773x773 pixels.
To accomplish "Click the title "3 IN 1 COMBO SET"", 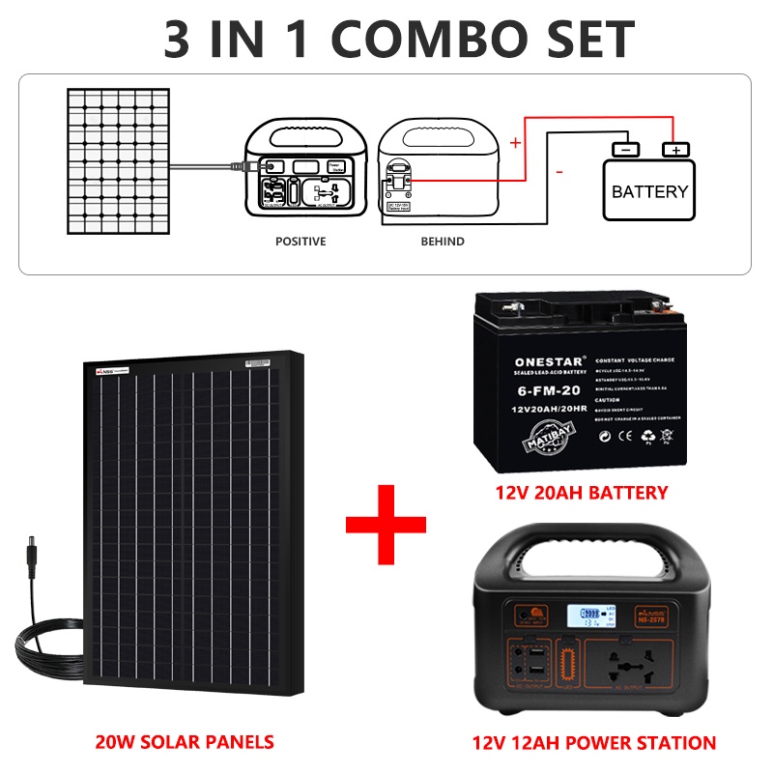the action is pyautogui.click(x=386, y=39).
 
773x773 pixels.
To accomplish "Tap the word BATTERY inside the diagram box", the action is pyautogui.click(x=649, y=191).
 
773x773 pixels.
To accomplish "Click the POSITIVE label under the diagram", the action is pyautogui.click(x=301, y=241).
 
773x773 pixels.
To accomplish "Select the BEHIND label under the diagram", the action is pyautogui.click(x=442, y=241).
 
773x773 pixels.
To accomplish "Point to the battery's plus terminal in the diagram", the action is pyautogui.click(x=675, y=150).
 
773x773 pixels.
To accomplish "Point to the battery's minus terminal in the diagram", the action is pyautogui.click(x=625, y=150).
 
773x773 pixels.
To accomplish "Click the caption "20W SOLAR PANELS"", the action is pyautogui.click(x=184, y=742).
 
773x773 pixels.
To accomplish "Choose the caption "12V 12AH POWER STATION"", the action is pyautogui.click(x=594, y=743).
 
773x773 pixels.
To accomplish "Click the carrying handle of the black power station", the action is pyautogui.click(x=594, y=551).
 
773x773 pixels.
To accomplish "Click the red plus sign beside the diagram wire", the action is pyautogui.click(x=515, y=143).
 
